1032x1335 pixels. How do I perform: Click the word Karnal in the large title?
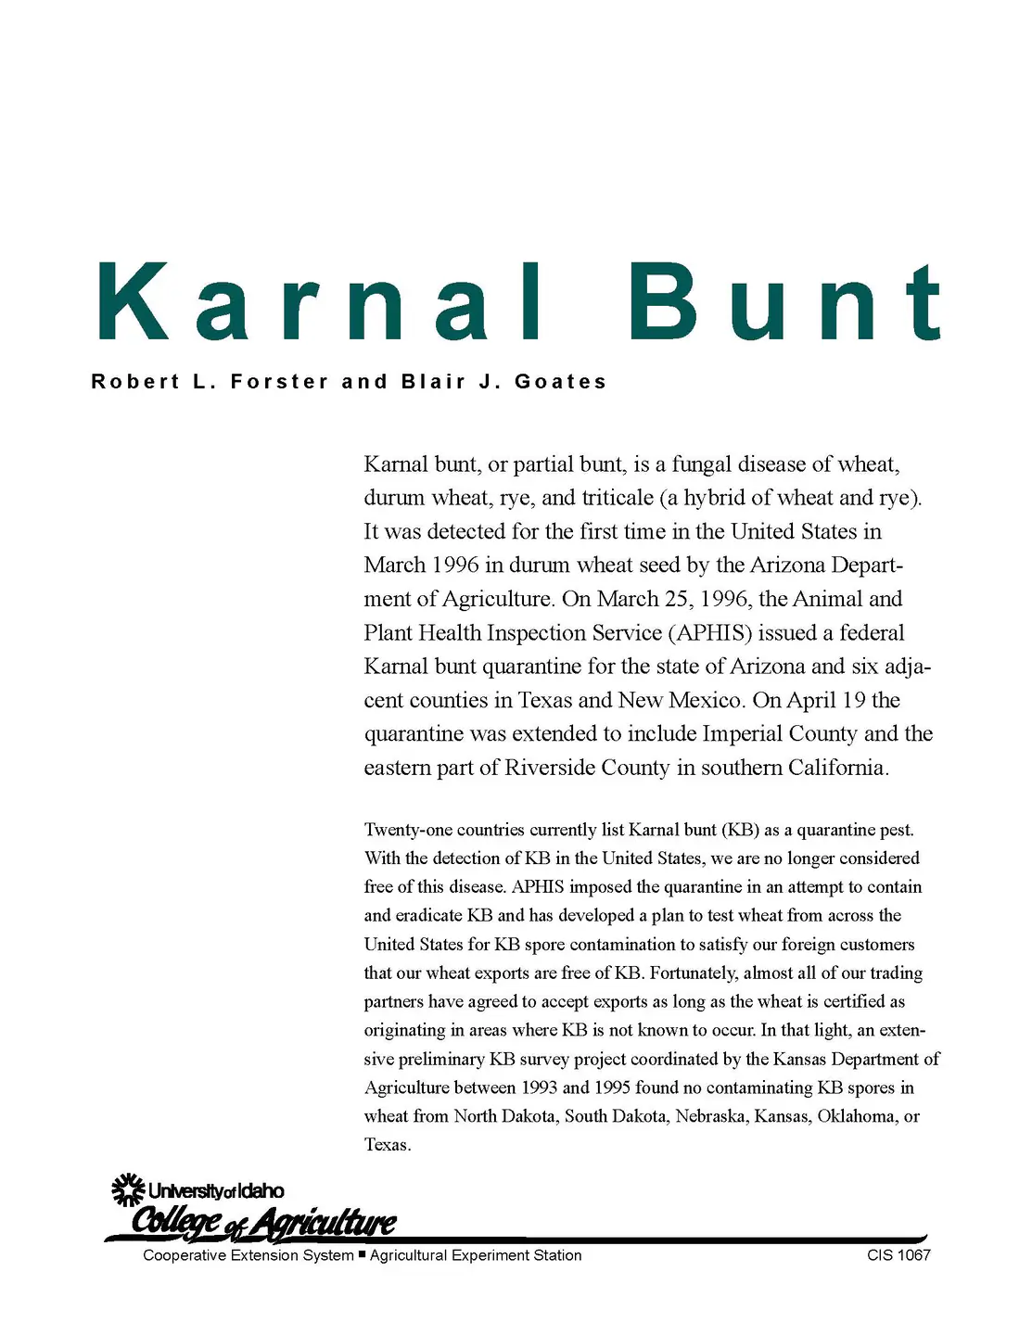click(x=320, y=302)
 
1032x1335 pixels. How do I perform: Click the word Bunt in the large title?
click(x=784, y=302)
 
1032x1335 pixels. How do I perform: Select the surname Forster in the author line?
click(x=279, y=382)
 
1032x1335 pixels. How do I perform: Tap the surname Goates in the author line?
click(x=561, y=382)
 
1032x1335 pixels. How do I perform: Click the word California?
click(x=838, y=768)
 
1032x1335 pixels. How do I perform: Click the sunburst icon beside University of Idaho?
click(x=128, y=1190)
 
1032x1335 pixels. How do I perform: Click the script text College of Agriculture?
click(x=264, y=1223)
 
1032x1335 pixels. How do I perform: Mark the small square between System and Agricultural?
click(x=362, y=1254)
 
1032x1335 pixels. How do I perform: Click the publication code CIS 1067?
click(x=898, y=1255)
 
